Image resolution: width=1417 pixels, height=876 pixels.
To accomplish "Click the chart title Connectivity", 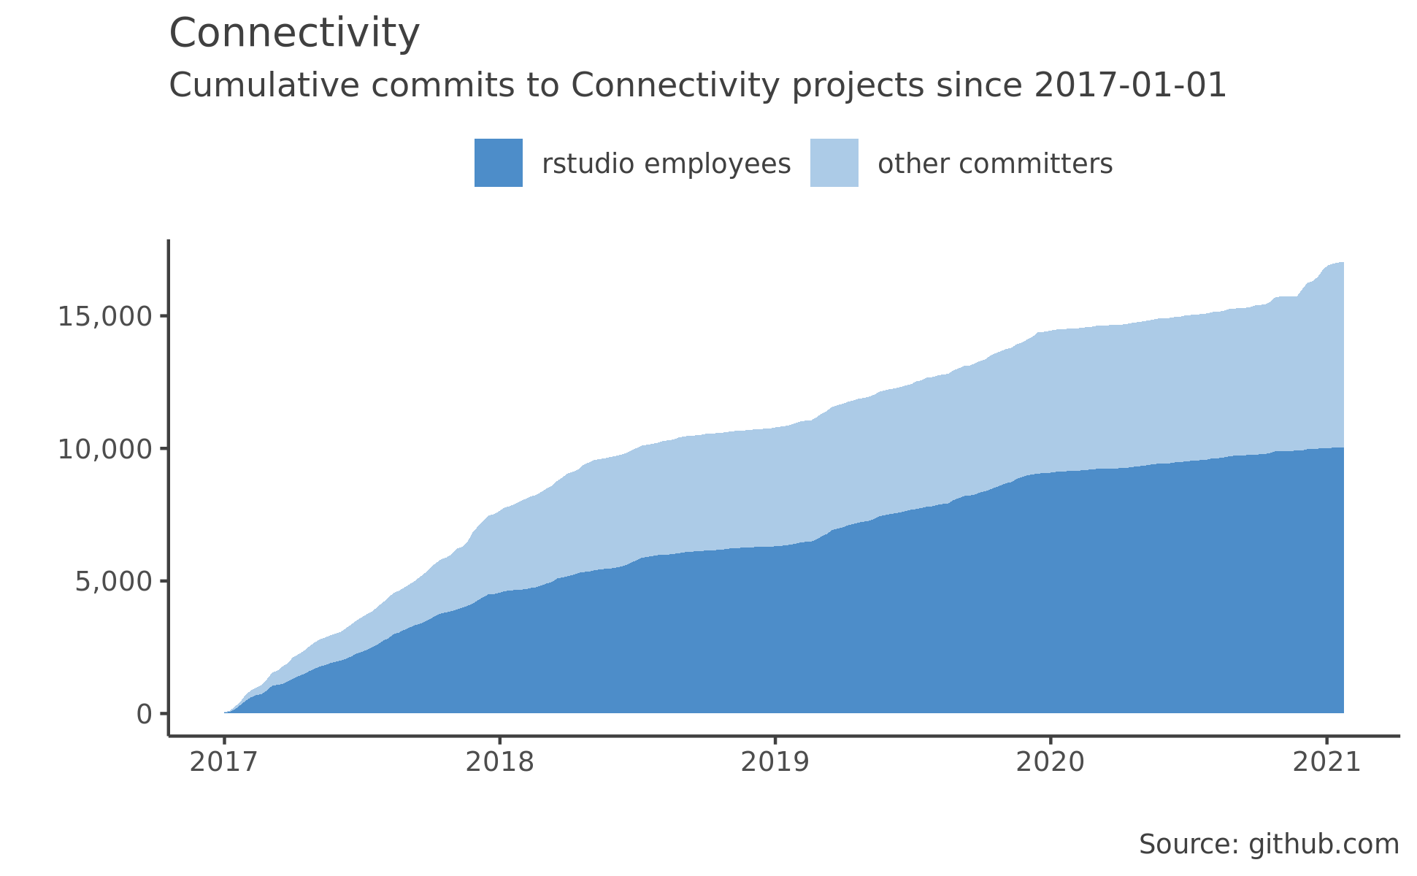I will tap(294, 34).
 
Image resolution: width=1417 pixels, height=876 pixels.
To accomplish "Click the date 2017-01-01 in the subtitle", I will tap(1130, 85).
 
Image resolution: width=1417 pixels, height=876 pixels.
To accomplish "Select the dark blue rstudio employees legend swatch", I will tap(498, 163).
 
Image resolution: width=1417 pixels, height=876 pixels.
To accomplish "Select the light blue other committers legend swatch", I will tap(834, 163).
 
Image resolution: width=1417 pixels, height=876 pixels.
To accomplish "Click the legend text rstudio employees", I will tap(666, 164).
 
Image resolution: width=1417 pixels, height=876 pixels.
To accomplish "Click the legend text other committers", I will tap(995, 164).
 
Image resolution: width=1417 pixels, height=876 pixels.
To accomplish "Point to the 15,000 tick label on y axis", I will tap(105, 317).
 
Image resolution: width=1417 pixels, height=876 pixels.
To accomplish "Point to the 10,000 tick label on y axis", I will tap(105, 450).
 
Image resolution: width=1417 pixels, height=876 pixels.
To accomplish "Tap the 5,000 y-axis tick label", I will tap(113, 583).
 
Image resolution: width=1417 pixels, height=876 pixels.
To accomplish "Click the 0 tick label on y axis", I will tap(144, 715).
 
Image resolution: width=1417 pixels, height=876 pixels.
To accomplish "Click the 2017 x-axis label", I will tap(224, 762).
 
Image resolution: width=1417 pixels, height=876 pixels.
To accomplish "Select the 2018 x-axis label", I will tap(499, 762).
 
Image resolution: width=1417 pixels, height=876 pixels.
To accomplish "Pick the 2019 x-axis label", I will tap(775, 762).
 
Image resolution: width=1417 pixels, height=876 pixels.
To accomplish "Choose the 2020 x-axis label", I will tap(1051, 762).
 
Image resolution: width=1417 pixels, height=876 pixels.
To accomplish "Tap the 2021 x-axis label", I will tap(1326, 762).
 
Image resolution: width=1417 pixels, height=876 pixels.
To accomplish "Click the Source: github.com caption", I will tap(1269, 845).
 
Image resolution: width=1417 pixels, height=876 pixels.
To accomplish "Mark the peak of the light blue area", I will tap(1342, 263).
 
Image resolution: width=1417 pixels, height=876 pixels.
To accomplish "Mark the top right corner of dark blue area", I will tap(1343, 448).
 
